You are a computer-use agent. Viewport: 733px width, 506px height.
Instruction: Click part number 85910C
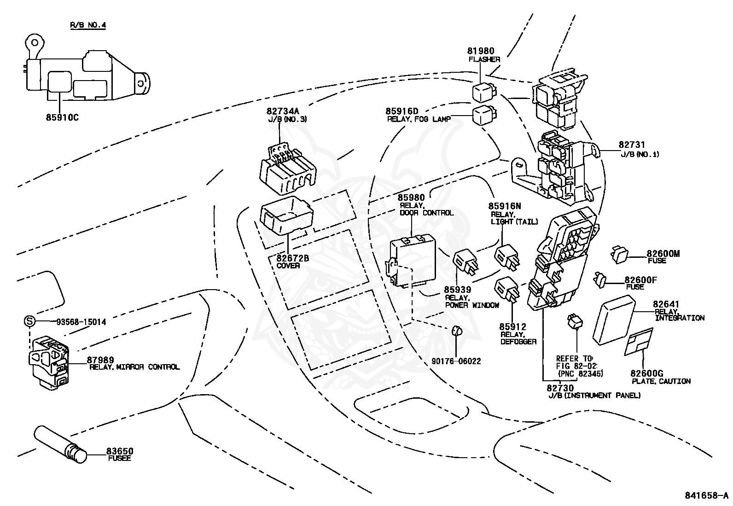coord(62,117)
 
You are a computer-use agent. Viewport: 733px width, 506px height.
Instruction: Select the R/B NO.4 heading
coord(87,25)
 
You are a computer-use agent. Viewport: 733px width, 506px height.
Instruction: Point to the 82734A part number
coord(282,111)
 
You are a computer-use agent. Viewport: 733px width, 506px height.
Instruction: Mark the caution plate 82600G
coord(639,342)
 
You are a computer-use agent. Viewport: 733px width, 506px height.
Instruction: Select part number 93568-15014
coord(81,322)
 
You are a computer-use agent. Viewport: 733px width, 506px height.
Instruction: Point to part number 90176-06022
coord(456,361)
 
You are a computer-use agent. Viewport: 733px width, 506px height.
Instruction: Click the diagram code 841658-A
coord(706,495)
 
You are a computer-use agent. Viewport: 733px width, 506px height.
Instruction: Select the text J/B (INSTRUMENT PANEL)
coord(594,395)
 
